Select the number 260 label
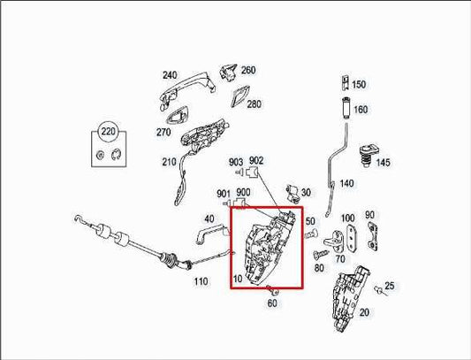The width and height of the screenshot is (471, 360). (x=248, y=70)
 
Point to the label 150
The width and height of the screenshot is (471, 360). (x=359, y=85)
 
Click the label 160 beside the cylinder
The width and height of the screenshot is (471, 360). (x=361, y=111)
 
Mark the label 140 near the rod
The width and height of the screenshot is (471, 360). (x=346, y=184)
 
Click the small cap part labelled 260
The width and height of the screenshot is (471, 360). (x=226, y=70)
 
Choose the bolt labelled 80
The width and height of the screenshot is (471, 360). (x=315, y=257)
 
